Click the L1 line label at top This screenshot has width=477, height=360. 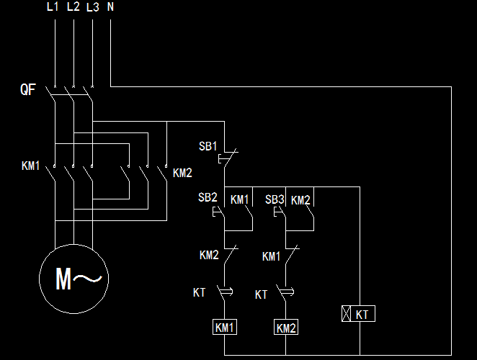pos(53,7)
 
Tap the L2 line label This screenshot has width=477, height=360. pos(73,7)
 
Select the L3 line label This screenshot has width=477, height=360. pos(92,8)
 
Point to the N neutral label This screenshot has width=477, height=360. pos(110,7)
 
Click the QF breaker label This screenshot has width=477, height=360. pos(28,90)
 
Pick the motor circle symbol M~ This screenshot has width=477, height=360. pos(74,279)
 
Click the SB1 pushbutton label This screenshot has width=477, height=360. pos(208,146)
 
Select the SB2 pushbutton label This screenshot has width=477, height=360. pos(208,197)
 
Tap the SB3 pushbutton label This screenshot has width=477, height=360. pos(275,199)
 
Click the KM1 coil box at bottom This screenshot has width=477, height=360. pos(225,328)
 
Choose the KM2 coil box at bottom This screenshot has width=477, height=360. pos(286,328)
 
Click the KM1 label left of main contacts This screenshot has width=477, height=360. pos(31,166)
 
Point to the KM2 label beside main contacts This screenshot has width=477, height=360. pos(183,173)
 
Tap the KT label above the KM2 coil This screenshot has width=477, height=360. pos(262,294)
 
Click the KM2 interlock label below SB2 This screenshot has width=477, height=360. pos(210,255)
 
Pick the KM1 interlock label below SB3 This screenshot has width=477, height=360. pos(272,256)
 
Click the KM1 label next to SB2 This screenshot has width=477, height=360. pos(240,199)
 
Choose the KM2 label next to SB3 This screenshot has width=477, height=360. pos(301,199)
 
